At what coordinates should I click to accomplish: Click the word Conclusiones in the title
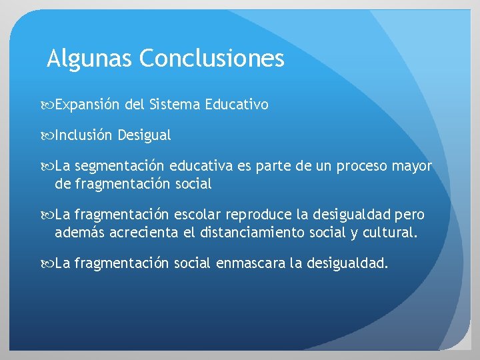point(211,59)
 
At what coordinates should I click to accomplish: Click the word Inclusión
point(84,135)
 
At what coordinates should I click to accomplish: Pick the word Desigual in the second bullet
point(144,135)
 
